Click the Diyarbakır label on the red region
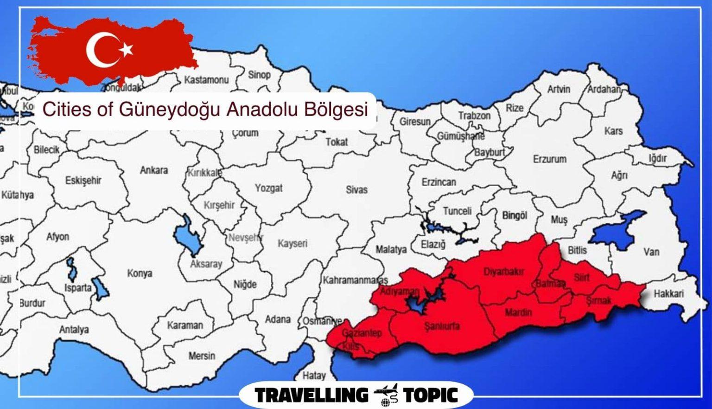tap(504, 272)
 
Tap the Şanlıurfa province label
tap(442, 326)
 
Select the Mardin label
tap(518, 312)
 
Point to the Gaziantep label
tap(362, 333)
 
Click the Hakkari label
tap(668, 293)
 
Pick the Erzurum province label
tap(549, 159)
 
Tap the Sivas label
tap(356, 189)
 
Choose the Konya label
tap(140, 273)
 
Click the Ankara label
tap(154, 170)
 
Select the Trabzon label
tap(474, 116)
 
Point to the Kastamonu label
tap(206, 80)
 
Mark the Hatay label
tap(314, 375)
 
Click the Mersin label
tap(202, 356)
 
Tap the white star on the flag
tap(126, 49)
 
